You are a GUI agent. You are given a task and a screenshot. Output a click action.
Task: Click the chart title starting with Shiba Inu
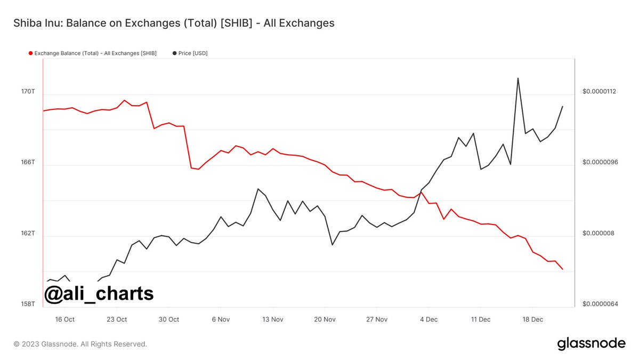(173, 23)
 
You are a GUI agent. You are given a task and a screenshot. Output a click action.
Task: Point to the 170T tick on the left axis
(28, 92)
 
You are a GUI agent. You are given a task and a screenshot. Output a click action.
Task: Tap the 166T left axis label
(28, 162)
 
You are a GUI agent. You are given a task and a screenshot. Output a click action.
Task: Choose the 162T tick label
(28, 233)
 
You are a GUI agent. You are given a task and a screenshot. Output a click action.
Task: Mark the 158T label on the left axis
(28, 304)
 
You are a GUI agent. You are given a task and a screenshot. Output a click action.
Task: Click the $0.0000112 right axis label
(599, 92)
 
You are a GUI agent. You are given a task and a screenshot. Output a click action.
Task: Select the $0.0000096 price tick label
(599, 162)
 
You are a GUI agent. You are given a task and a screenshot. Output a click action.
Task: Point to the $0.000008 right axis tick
(597, 233)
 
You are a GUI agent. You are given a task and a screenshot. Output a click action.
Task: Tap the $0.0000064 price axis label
(599, 304)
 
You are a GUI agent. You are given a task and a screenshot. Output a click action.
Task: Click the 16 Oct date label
(65, 319)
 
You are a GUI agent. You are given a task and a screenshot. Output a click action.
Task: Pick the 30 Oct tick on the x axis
(169, 319)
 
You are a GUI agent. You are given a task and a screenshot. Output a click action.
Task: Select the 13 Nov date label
(273, 319)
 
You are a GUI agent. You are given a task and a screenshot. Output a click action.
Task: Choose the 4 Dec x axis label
(429, 319)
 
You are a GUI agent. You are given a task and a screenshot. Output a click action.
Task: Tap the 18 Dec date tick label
(533, 319)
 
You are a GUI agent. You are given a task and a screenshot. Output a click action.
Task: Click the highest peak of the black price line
(517, 78)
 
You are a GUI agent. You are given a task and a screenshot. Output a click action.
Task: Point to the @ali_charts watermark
(99, 293)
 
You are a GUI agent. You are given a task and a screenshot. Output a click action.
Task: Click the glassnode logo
(591, 343)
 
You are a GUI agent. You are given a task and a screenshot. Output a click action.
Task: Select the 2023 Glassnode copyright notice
(80, 344)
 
